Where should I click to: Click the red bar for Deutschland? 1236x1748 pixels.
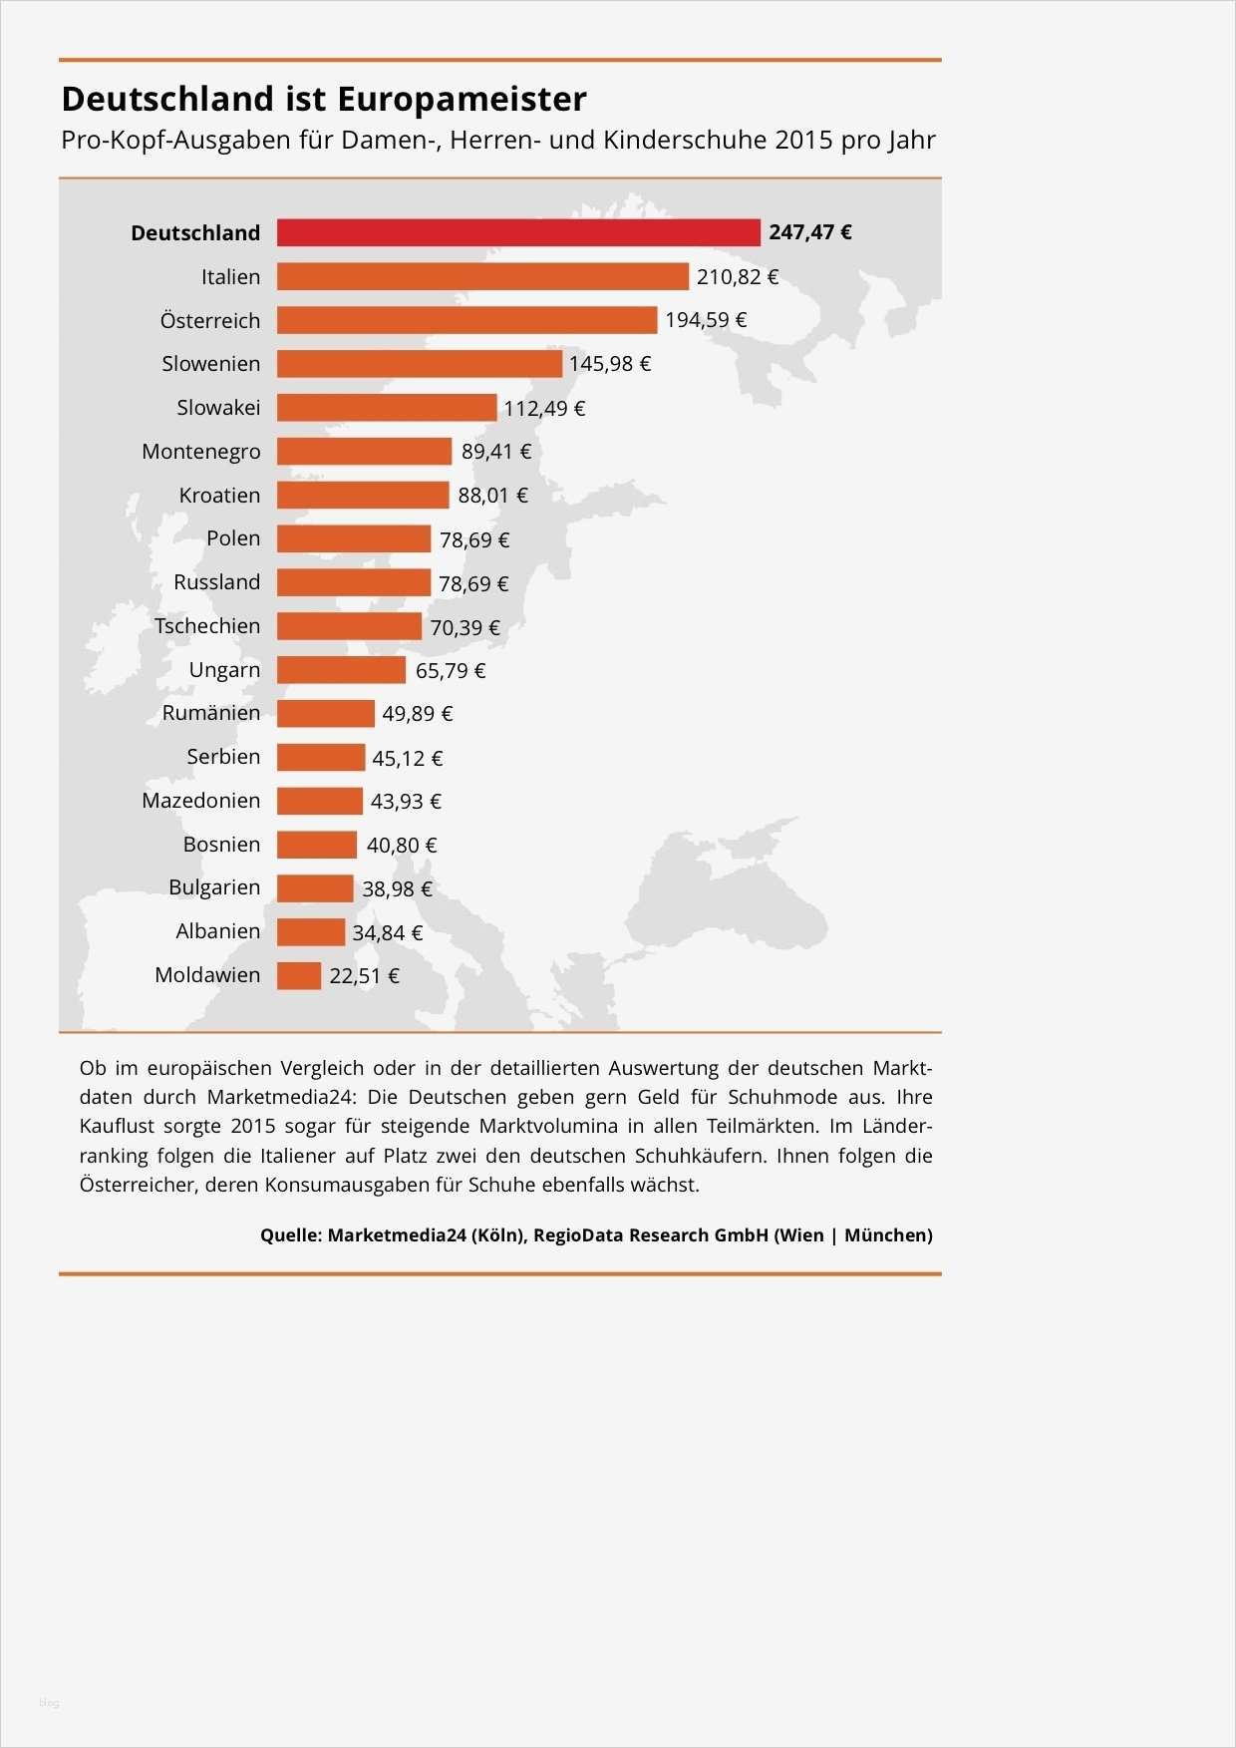click(518, 232)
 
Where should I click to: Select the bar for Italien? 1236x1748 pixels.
click(482, 276)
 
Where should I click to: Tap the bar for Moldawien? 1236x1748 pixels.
click(299, 975)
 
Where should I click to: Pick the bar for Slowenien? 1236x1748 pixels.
click(419, 364)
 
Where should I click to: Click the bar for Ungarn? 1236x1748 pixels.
click(341, 670)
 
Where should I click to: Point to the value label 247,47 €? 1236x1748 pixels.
click(810, 232)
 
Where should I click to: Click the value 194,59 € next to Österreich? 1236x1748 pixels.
click(706, 320)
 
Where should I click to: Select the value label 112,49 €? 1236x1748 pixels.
click(544, 408)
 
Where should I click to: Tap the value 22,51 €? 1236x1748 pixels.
click(364, 976)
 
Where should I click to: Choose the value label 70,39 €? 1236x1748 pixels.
click(464, 627)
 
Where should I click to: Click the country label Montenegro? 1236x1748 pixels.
click(201, 452)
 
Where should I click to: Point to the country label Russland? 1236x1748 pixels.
click(216, 582)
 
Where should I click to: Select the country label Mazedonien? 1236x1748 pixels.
click(200, 801)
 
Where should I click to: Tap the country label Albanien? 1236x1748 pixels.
click(217, 931)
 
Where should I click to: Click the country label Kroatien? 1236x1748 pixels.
click(219, 496)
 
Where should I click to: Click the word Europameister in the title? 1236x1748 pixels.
click(462, 99)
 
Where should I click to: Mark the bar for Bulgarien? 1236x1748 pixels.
click(315, 888)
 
